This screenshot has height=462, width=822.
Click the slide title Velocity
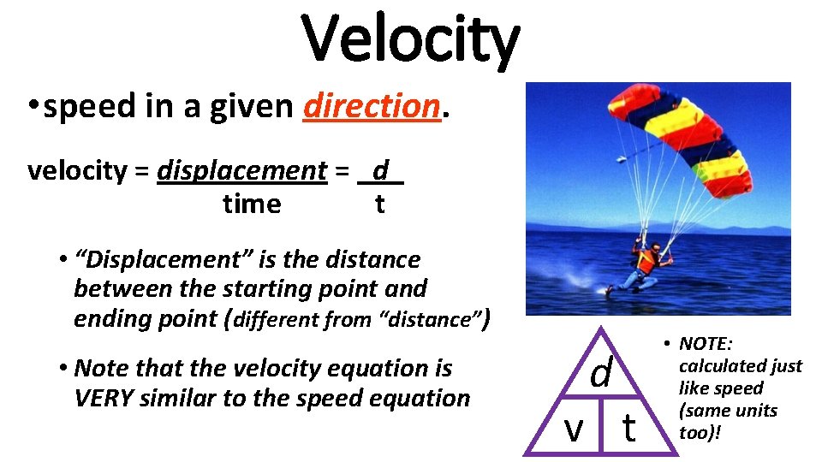coord(411,38)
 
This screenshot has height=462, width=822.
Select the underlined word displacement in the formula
coord(241,171)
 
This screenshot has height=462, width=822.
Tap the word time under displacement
coord(251,204)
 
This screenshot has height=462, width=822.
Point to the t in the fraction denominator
coord(379,204)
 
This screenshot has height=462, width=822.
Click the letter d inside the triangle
coord(602,373)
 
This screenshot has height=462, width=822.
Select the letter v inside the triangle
coord(573,427)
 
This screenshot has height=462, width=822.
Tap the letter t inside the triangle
coord(628,427)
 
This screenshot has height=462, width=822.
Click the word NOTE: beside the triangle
coord(706,344)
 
